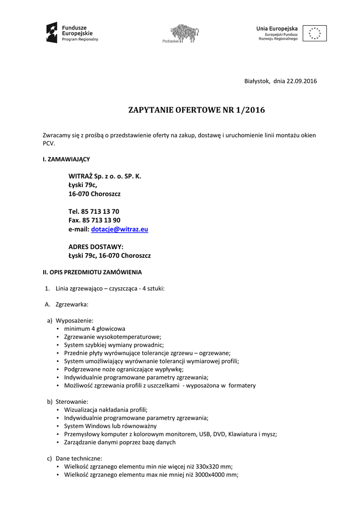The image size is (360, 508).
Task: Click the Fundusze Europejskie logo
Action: [72, 33]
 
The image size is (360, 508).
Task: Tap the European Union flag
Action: [314, 33]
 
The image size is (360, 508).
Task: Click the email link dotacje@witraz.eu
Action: [120, 229]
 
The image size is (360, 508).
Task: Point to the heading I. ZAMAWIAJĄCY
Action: [66, 159]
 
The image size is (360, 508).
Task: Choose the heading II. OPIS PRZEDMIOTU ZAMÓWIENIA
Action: [92, 272]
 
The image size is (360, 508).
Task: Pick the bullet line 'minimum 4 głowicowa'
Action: [94, 328]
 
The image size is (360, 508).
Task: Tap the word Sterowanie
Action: [72, 401]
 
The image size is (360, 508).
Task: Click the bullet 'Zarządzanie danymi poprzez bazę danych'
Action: [120, 442]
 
